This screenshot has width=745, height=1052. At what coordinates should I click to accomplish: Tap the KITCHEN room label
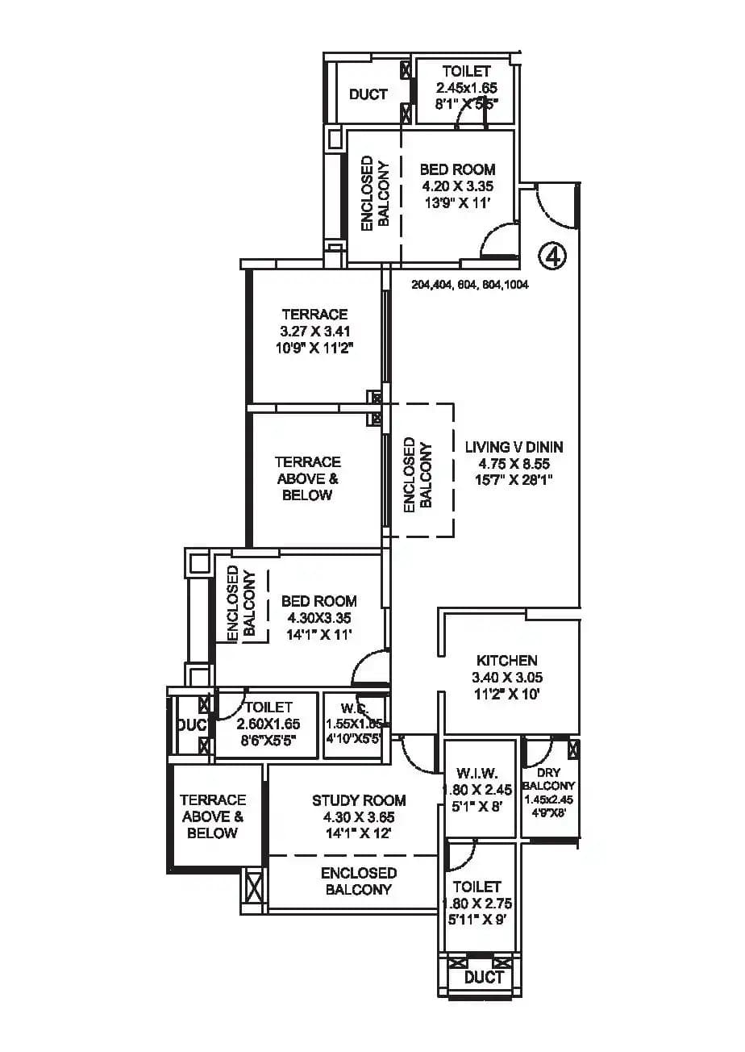(506, 661)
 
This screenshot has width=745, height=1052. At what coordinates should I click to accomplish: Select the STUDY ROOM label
(359, 800)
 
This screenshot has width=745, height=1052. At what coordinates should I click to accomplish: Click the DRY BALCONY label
(548, 779)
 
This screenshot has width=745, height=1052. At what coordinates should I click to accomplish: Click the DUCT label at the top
(368, 94)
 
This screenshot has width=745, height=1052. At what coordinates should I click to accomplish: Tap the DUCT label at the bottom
(485, 977)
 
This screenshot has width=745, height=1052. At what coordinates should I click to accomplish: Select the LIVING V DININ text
(514, 447)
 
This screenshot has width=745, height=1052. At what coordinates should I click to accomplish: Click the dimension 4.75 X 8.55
(514, 463)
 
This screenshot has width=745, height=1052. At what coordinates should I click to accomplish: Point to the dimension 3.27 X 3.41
(314, 331)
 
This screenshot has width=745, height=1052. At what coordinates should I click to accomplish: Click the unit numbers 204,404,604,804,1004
(470, 285)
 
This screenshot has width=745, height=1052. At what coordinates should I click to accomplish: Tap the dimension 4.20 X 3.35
(457, 186)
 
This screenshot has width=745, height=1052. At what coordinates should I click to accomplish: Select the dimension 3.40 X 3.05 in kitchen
(506, 678)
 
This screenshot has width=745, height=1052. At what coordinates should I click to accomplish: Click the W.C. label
(352, 708)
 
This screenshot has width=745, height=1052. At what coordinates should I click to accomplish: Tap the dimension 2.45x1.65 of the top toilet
(467, 88)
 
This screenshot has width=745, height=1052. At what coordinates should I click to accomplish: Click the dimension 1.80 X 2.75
(477, 904)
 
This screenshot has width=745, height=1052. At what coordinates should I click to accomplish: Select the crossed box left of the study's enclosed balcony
(252, 891)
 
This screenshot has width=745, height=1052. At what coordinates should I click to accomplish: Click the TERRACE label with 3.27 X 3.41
(314, 314)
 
